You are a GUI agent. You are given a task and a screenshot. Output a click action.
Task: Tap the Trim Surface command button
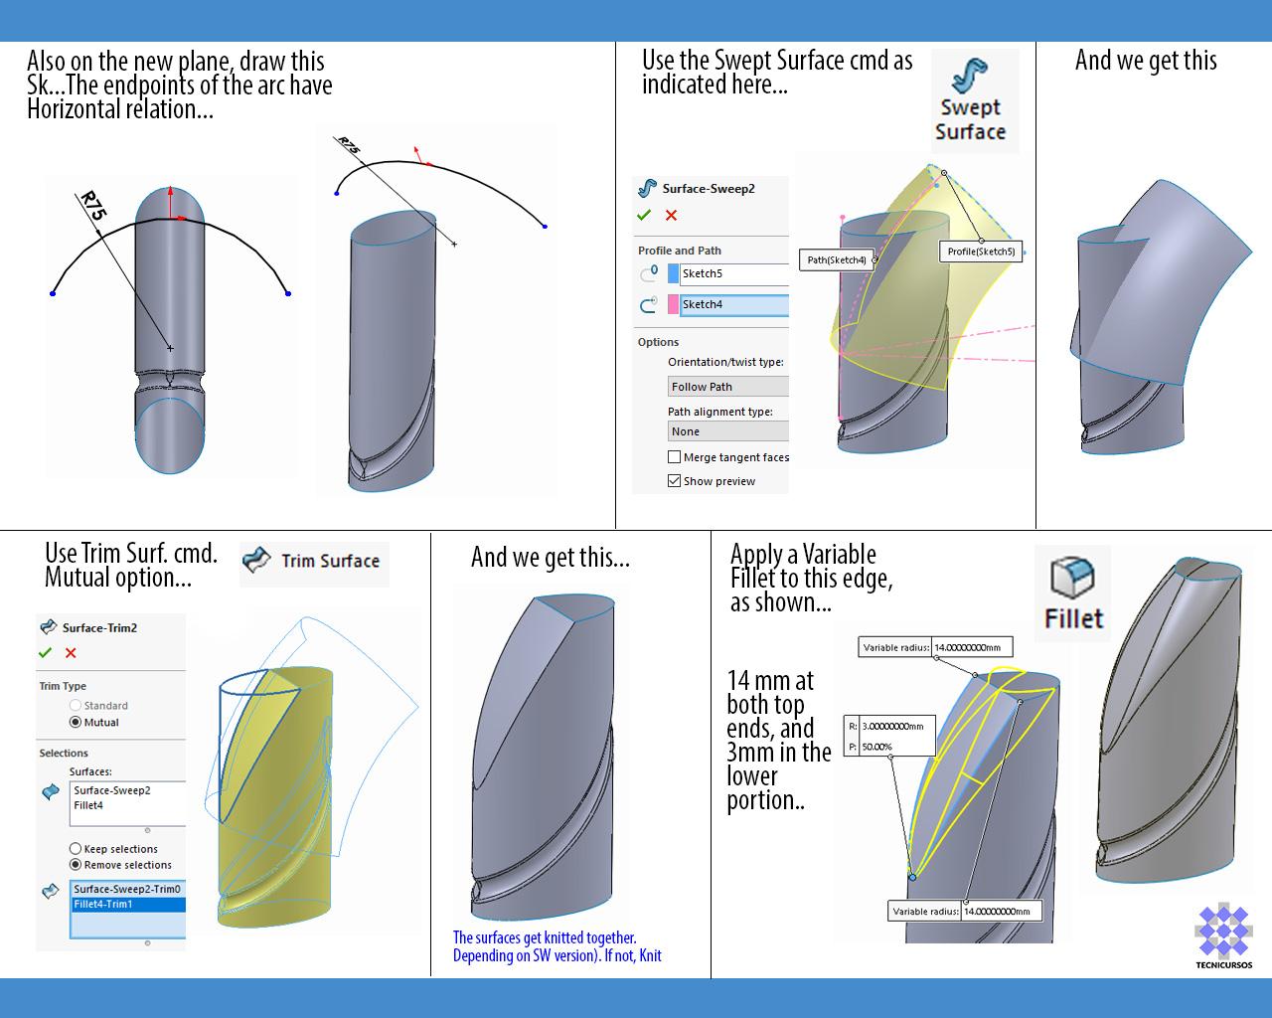[314, 561]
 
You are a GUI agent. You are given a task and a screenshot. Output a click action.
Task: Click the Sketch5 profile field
[734, 273]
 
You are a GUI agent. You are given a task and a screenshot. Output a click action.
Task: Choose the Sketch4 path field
[734, 305]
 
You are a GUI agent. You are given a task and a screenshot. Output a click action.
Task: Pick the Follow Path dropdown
[728, 387]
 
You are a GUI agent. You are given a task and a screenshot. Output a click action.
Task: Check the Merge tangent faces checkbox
[675, 457]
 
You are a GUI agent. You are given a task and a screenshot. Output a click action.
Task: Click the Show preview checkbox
[675, 481]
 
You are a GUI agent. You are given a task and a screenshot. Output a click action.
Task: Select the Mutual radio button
[76, 722]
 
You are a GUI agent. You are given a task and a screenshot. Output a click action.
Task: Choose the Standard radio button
[76, 705]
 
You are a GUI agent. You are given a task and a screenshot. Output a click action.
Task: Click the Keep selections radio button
[76, 849]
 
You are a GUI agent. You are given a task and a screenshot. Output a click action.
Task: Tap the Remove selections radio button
[76, 865]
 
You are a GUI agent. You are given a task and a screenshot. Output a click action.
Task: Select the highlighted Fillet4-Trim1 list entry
[127, 905]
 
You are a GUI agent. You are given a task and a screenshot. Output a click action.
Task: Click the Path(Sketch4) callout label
[837, 260]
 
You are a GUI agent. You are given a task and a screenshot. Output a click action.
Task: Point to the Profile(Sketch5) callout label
[981, 252]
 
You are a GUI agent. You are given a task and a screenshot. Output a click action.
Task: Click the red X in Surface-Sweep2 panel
[671, 215]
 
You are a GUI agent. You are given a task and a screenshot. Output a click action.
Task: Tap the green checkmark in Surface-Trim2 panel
[45, 652]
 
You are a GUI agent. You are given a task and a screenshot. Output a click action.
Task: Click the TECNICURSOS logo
[1223, 934]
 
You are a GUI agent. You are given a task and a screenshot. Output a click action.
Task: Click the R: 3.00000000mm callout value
[892, 726]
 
